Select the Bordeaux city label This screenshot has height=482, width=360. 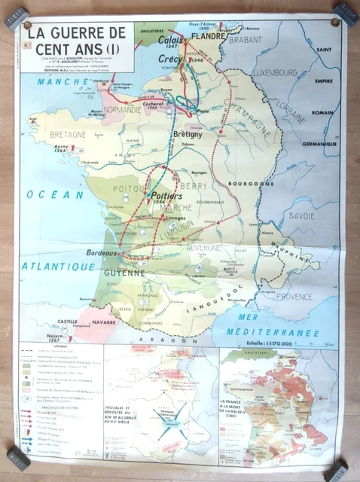102,253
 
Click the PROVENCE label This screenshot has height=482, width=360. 293,296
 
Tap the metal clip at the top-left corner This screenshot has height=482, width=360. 14,17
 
